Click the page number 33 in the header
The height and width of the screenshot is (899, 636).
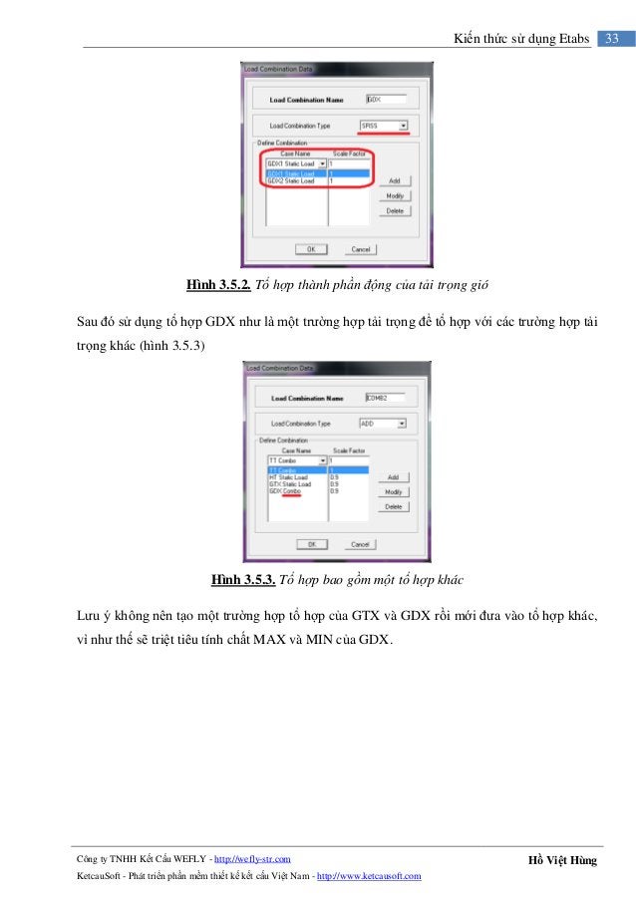click(612, 39)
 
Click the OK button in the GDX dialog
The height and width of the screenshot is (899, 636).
click(310, 249)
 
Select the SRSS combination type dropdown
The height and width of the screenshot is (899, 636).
click(384, 126)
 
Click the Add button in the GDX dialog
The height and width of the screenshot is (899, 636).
click(394, 180)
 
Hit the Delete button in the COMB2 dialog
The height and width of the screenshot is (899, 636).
click(394, 506)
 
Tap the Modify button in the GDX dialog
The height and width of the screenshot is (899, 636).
click(394, 195)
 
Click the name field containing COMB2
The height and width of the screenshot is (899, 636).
click(385, 397)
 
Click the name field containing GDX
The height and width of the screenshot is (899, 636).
click(385, 100)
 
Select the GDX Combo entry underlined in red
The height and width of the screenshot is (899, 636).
click(283, 491)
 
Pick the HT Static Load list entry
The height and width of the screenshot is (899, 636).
click(289, 477)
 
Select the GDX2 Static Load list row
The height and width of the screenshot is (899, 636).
click(290, 181)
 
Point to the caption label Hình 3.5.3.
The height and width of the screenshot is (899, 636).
click(242, 579)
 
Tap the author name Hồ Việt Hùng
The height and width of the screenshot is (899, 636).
click(564, 859)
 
